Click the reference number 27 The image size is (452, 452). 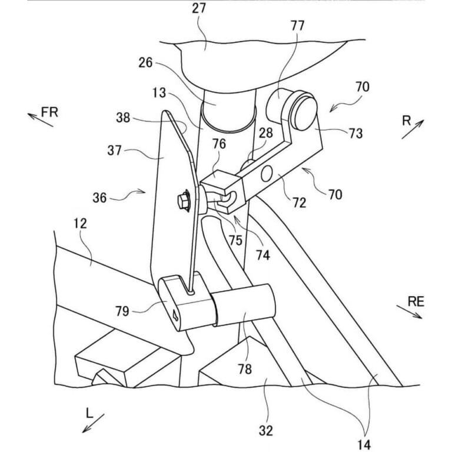click(x=199, y=8)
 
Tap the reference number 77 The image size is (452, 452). click(x=297, y=25)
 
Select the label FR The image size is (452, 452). click(x=49, y=112)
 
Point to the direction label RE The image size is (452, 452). click(x=416, y=301)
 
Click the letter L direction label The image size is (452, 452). click(x=89, y=414)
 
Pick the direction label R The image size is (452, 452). click(x=407, y=121)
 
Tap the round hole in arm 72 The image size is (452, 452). click(x=267, y=174)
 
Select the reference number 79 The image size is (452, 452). click(x=122, y=311)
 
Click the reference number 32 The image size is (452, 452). click(x=266, y=431)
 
